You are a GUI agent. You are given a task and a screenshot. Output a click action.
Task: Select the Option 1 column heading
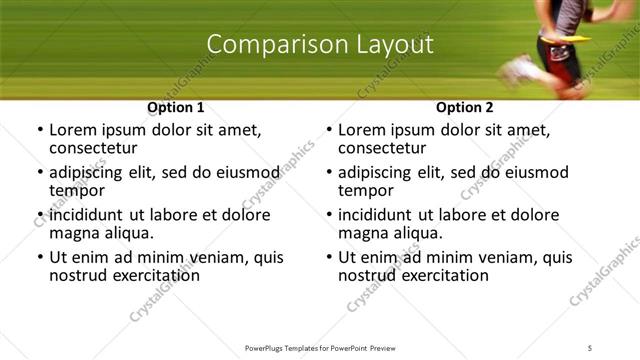click(x=176, y=107)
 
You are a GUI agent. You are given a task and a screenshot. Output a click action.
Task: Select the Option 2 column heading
click(x=465, y=107)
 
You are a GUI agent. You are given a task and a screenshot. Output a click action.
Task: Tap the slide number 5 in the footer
click(x=591, y=347)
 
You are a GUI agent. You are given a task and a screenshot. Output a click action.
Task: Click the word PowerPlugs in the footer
click(x=266, y=347)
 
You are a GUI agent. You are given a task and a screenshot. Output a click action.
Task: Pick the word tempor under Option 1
click(x=74, y=190)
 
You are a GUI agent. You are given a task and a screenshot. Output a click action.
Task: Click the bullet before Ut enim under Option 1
click(x=40, y=258)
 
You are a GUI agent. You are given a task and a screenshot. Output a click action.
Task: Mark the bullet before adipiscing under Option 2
click(x=329, y=173)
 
